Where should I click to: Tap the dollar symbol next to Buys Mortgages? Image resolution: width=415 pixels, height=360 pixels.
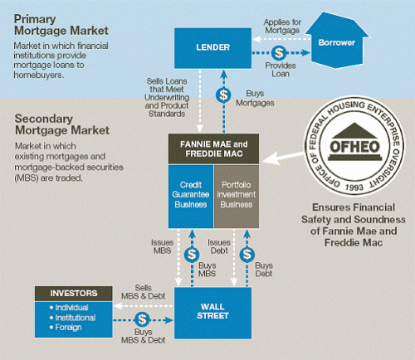click(x=222, y=95)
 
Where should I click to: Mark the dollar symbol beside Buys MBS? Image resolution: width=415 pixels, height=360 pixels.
click(x=192, y=255)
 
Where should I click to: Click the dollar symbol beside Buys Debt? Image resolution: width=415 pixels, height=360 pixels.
click(x=246, y=255)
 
